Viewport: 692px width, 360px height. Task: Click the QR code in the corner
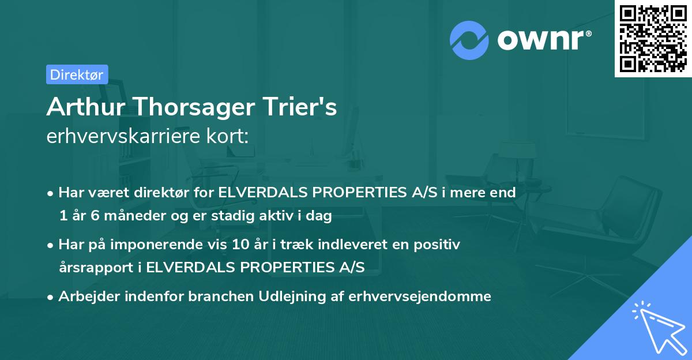[653, 39]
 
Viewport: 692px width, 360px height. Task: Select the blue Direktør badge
[77, 74]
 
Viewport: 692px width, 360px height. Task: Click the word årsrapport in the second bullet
[98, 268]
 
